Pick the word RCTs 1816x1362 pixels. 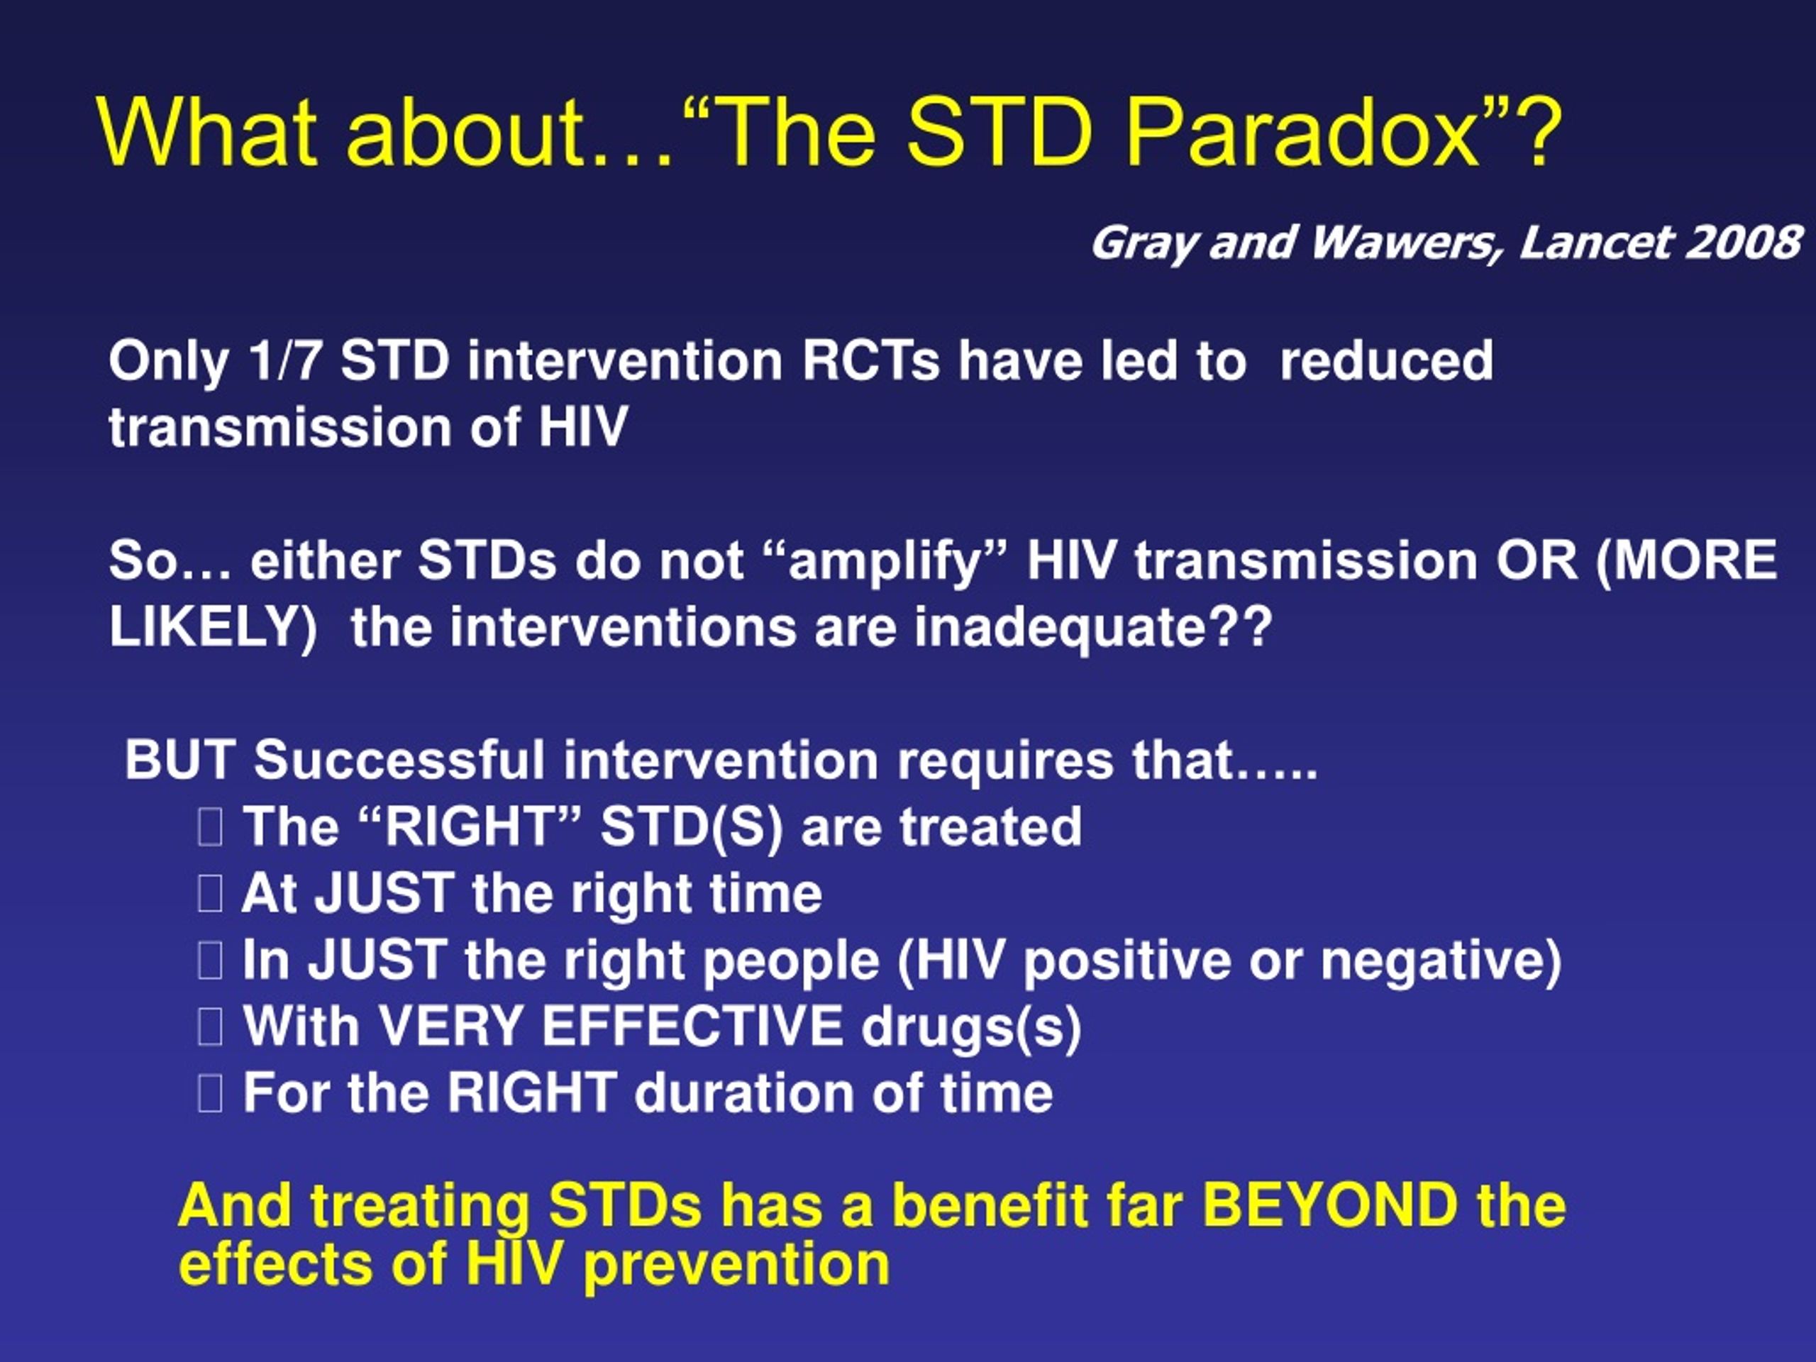coord(870,360)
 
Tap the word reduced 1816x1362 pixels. coord(1387,360)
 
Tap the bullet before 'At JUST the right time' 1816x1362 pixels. coord(210,894)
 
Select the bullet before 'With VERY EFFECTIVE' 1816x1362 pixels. coord(210,1027)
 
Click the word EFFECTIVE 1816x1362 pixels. coord(692,1026)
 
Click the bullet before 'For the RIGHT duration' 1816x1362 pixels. coord(210,1095)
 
